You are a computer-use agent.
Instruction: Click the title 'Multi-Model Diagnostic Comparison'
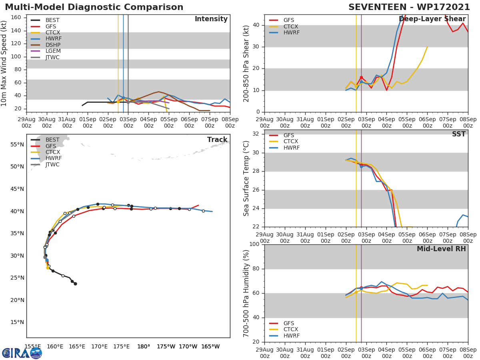pos(94,7)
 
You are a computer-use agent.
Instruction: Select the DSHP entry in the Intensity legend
pos(53,45)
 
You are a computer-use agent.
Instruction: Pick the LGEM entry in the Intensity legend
pos(53,51)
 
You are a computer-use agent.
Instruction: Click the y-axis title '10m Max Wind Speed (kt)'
pos(4,64)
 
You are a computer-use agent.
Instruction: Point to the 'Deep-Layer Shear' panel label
pos(438,19)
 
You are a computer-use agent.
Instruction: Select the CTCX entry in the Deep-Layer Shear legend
pos(290,26)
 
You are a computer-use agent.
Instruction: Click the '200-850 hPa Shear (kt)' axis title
pos(246,64)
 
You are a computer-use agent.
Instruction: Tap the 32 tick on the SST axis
pos(256,134)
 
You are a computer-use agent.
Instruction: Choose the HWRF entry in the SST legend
pos(291,148)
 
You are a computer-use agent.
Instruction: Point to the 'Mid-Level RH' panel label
pos(441,249)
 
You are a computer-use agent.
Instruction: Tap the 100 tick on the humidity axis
pos(254,244)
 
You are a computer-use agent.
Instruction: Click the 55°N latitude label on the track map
pos(17,144)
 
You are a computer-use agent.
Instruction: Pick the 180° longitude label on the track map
pos(144,346)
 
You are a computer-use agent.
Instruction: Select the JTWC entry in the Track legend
pos(52,164)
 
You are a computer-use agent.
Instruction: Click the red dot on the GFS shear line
pos(361,78)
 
